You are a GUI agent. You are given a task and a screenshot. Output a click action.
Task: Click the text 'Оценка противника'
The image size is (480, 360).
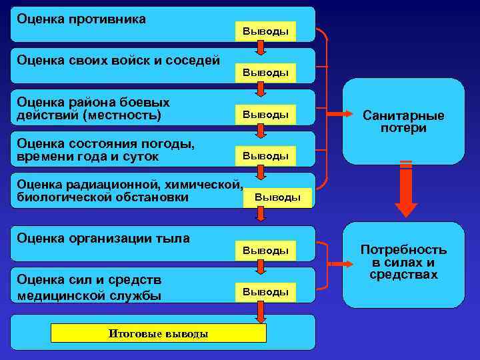81,19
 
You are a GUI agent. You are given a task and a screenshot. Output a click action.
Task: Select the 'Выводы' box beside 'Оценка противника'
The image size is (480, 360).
265,31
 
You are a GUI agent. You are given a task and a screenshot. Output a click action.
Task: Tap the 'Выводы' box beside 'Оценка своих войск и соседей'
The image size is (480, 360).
265,73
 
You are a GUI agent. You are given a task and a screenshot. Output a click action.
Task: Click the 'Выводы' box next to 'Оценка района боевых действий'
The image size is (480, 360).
265,115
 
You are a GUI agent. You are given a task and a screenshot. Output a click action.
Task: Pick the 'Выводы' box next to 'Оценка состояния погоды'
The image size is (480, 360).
265,156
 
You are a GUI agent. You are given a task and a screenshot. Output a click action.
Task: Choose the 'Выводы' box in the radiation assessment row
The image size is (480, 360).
278,197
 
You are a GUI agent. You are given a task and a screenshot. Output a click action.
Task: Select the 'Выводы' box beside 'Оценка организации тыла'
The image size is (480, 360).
265,251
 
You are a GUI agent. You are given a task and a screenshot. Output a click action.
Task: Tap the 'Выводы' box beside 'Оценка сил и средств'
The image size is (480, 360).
265,292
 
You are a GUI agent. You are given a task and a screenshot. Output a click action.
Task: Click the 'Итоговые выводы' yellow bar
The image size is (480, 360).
158,333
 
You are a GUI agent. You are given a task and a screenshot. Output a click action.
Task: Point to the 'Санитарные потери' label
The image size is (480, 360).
403,121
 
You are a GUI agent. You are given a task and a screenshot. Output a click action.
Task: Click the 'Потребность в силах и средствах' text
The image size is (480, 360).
403,262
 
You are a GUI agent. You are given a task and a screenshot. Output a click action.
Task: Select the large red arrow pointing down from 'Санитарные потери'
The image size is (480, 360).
406,190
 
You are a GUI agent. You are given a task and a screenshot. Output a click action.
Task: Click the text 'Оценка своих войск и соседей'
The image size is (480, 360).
118,61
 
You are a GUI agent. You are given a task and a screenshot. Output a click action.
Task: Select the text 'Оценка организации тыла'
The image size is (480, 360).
103,238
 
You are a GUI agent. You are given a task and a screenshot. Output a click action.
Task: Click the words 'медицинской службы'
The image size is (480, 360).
89,295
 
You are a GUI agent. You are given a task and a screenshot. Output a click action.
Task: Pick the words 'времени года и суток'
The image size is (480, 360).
88,157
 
